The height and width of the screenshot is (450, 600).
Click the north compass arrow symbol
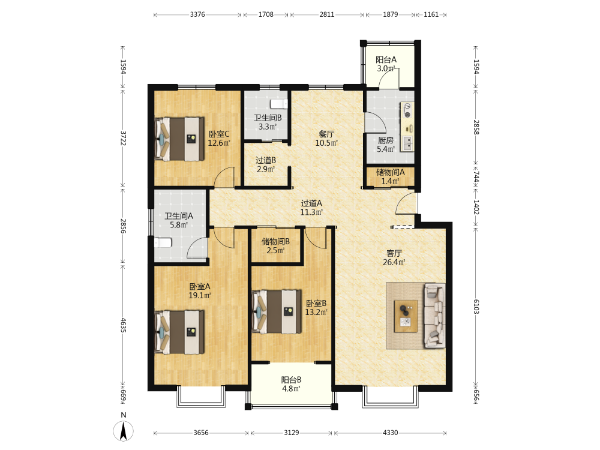pyautogui.click(x=123, y=431)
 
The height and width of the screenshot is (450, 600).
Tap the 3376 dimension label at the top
pyautogui.click(x=197, y=14)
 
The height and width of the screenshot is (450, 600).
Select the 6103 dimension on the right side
pyautogui.click(x=476, y=307)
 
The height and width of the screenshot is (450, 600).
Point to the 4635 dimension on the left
pyautogui.click(x=123, y=325)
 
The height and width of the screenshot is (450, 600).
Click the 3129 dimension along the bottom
pyautogui.click(x=291, y=433)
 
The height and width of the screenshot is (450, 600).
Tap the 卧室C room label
pyautogui.click(x=219, y=134)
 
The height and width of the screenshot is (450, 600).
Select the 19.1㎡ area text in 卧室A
pyautogui.click(x=200, y=295)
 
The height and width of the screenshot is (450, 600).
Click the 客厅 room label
pyautogui.click(x=394, y=253)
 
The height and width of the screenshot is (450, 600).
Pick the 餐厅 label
pyautogui.click(x=326, y=134)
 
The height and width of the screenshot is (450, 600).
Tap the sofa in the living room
pyautogui.click(x=434, y=316)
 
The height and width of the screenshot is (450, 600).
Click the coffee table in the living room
pyautogui.click(x=406, y=316)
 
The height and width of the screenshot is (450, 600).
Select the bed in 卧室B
pyautogui.click(x=277, y=311)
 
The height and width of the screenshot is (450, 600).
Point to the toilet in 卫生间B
pyautogui.click(x=279, y=104)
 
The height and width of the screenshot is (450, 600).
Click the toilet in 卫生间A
pyautogui.click(x=163, y=242)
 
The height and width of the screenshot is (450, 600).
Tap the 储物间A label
pyautogui.click(x=391, y=172)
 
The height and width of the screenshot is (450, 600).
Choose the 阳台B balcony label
pyautogui.click(x=291, y=380)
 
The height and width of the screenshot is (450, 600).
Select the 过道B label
pyautogui.click(x=266, y=160)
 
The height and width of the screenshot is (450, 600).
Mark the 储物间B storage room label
pyautogui.click(x=275, y=241)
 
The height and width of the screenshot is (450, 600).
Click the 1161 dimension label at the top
pyautogui.click(x=431, y=14)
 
